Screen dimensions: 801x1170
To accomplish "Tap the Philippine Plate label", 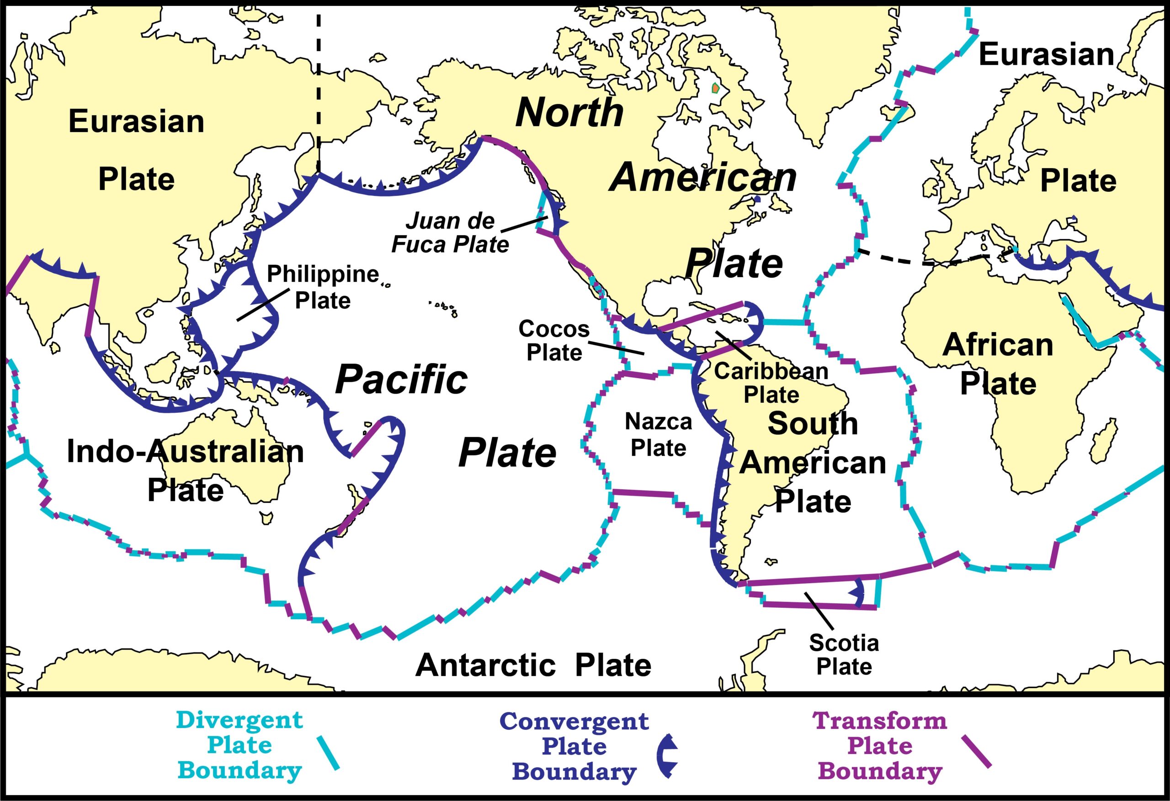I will point(323,287).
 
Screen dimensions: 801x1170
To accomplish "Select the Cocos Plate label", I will point(554,341).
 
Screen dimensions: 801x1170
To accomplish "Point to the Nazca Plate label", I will point(658,434).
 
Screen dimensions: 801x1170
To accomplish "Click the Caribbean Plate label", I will point(771,383).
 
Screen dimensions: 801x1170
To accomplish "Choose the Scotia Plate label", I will point(844,654).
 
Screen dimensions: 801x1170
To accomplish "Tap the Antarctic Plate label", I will point(533,665).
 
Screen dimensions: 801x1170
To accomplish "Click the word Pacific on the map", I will point(401,379).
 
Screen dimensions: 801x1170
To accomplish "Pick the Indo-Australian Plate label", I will point(185,470).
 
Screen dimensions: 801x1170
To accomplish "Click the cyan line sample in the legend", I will point(328,753).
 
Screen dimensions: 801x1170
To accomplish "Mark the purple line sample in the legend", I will point(976,751).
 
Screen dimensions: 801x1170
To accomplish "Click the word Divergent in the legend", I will point(239,720).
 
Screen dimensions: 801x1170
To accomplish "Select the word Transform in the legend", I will point(879,721).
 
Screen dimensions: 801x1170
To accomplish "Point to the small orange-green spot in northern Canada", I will point(715,88).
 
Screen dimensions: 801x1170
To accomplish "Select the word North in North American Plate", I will point(569,112).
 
